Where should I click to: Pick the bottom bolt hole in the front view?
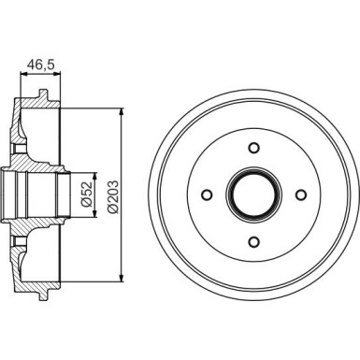coord(253,241)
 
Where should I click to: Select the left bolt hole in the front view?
coord(206,194)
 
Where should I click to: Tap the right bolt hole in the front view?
coord(301,194)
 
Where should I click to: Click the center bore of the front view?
coord(253,194)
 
